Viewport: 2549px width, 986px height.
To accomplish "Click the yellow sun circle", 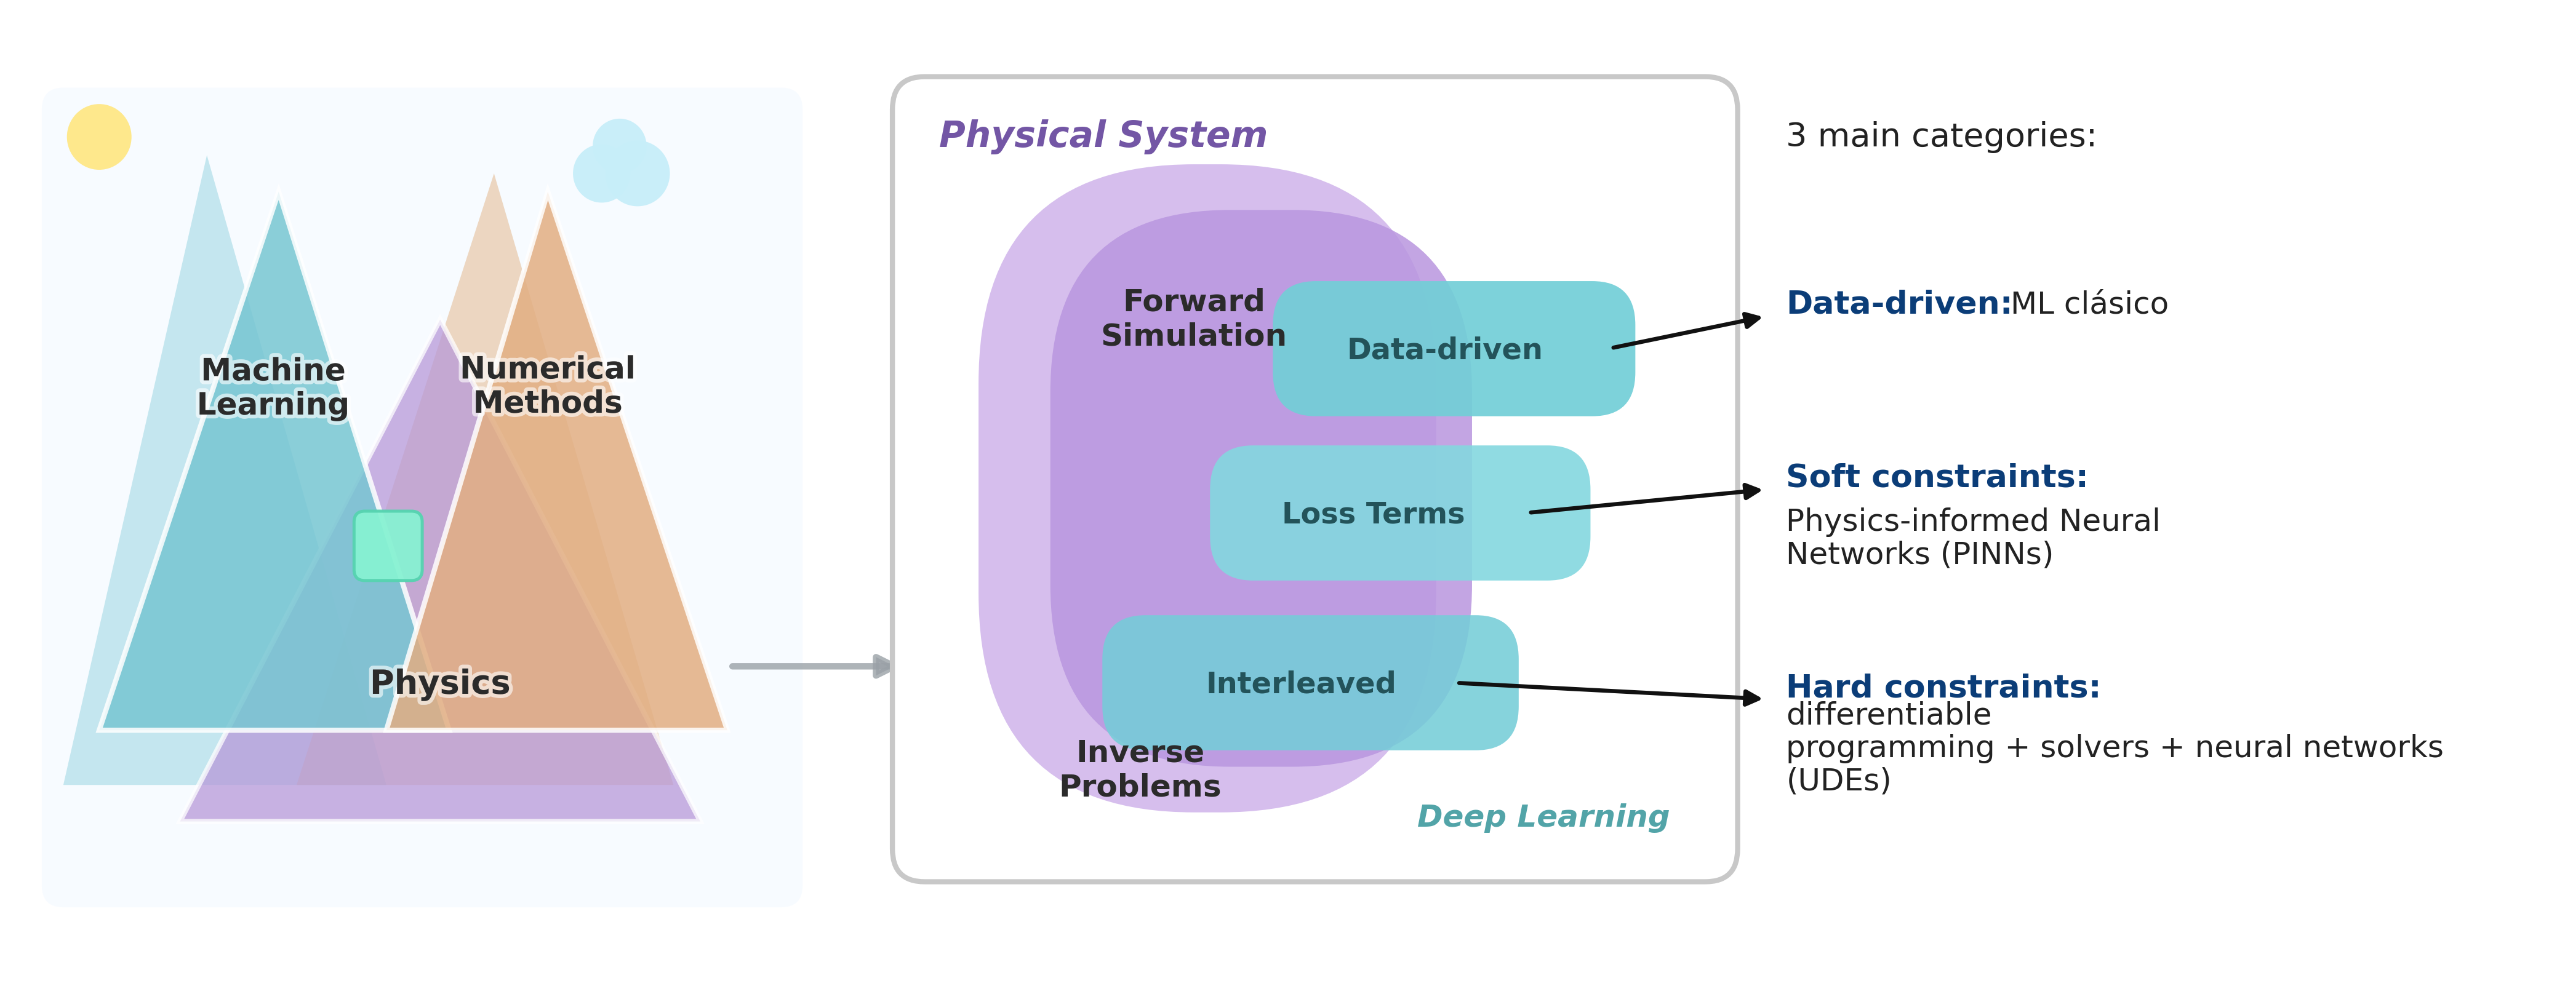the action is [99, 137].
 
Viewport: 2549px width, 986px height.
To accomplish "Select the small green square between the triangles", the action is [388, 545].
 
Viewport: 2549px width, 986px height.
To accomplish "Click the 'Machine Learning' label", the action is [273, 387].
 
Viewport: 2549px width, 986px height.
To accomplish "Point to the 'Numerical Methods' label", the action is [547, 384].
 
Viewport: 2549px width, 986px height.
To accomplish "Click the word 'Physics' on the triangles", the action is [441, 682].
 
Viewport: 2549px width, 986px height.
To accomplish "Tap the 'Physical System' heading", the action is [1102, 135].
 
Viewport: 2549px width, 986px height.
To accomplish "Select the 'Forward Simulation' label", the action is [1193, 317].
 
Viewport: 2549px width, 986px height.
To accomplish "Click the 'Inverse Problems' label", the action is [1140, 768].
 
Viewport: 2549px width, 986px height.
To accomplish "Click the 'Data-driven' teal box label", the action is [1445, 349].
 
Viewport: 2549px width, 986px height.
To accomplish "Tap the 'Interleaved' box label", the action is [1300, 682].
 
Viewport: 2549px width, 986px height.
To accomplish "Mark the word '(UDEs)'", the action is [1839, 781].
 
